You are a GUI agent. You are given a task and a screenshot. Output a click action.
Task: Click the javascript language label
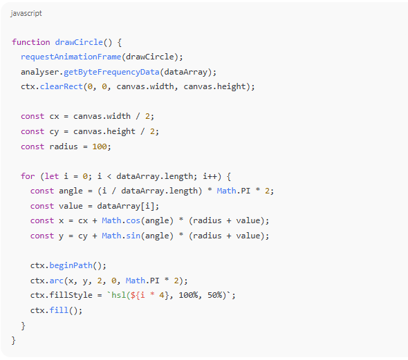point(26,14)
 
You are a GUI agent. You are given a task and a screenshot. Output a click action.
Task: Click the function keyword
point(31,42)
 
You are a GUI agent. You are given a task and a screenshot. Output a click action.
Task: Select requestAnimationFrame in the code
point(71,57)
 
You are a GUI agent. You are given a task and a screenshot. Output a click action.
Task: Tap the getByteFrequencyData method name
point(111,72)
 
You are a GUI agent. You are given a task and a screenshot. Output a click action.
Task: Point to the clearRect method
point(61,86)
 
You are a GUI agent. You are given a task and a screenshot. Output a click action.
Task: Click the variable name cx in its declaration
point(54,117)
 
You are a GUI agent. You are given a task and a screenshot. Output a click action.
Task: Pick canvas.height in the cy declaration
point(104,131)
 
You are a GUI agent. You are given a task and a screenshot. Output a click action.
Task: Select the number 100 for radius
point(100,146)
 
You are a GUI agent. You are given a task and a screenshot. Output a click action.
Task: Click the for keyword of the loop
point(28,176)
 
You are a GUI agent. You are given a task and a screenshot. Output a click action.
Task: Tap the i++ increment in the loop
point(210,176)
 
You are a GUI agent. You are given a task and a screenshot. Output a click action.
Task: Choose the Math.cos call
point(121,220)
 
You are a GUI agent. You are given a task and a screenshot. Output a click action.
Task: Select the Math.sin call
point(121,236)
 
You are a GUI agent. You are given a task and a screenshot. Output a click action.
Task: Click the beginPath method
point(71,265)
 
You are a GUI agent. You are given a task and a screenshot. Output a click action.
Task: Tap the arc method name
point(57,281)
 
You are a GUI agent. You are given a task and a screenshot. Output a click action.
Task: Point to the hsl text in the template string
point(118,295)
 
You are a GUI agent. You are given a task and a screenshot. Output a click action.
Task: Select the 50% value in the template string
point(214,295)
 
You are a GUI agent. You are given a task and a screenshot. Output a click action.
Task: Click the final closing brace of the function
point(14,340)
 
